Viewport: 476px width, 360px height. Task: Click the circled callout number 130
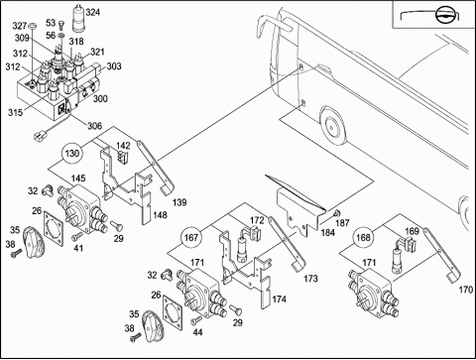(x=72, y=154)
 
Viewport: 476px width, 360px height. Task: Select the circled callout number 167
(x=191, y=238)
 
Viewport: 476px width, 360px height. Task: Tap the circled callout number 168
(x=363, y=238)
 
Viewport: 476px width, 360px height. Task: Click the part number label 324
(x=92, y=13)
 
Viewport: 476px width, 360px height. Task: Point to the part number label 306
(x=94, y=126)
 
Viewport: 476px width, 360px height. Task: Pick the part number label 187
(x=342, y=223)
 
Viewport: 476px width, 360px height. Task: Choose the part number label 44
(x=197, y=332)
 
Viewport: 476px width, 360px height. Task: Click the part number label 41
(x=78, y=248)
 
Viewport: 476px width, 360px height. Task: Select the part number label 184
(x=328, y=233)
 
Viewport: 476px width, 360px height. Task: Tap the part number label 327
(x=20, y=26)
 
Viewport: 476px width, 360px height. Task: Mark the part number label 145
(x=78, y=179)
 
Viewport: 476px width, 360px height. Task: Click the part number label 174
(x=280, y=300)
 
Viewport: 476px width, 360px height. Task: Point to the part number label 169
(x=412, y=231)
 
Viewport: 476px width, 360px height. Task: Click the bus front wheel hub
(x=331, y=127)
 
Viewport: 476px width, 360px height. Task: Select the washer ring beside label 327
(x=33, y=26)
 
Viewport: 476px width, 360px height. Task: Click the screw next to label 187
(x=336, y=212)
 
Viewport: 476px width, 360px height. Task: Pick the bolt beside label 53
(x=61, y=25)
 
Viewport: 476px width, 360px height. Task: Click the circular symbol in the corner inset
(x=443, y=15)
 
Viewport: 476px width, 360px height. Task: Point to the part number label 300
(x=100, y=98)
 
